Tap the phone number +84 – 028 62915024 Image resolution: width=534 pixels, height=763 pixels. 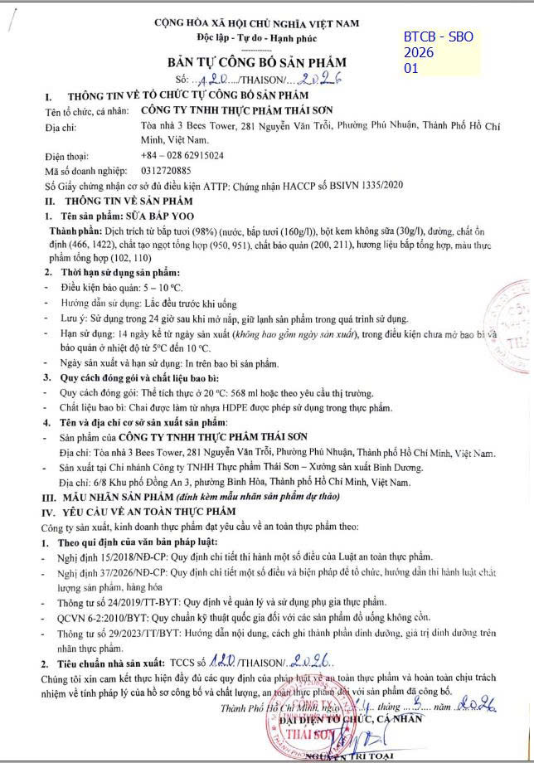click(182, 154)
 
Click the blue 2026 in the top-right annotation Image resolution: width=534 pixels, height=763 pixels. click(419, 53)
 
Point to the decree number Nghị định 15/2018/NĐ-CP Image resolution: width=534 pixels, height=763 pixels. click(92, 557)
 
